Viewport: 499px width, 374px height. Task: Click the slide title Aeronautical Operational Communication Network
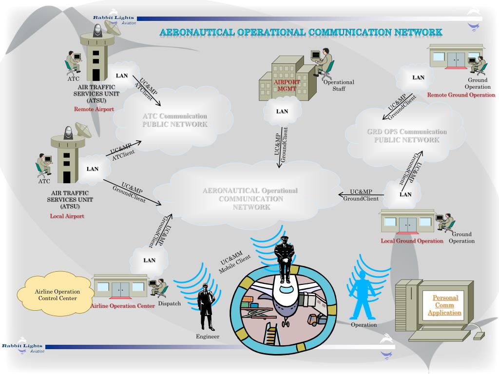301,32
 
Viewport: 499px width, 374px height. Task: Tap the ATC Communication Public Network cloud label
174,120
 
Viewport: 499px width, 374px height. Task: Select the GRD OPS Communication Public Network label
406,135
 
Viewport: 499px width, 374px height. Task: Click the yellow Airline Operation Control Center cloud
57,295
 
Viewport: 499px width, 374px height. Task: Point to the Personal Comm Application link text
445,305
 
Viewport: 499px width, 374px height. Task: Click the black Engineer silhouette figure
205,306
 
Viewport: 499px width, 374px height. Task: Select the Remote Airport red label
94,109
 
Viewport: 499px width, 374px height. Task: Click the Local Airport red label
67,216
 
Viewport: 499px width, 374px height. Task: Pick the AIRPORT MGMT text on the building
287,86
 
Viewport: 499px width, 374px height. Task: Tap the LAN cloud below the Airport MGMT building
282,112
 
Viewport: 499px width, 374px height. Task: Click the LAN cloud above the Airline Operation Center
150,260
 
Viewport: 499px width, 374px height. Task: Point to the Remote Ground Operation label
461,95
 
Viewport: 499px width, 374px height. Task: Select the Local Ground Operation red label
412,241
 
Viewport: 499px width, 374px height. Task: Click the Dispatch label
170,303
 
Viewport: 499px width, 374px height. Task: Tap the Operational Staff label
339,85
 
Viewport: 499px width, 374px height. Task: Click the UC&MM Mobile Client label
234,263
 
